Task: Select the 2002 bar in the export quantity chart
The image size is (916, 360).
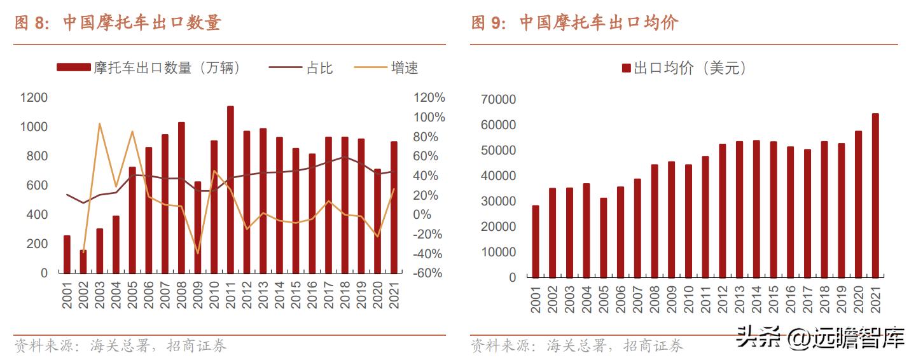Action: pos(83,261)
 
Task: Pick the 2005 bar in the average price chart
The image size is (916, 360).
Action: pos(603,238)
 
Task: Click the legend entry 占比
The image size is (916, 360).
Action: pos(319,68)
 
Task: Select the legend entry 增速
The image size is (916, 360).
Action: pos(404,68)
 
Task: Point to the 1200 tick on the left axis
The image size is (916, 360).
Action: pos(34,98)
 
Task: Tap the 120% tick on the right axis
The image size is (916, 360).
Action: pos(429,98)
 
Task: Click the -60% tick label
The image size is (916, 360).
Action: pos(429,273)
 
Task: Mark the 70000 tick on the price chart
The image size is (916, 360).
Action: pos(499,100)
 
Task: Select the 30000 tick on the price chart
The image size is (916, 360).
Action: pos(499,202)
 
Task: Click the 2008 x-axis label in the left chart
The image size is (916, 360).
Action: pos(182,296)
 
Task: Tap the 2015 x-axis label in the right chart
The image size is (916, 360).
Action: pos(773,300)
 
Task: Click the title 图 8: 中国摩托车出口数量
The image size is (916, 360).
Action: pos(118,24)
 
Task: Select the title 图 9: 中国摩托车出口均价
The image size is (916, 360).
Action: pos(574,24)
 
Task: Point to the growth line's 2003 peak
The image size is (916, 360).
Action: pos(100,123)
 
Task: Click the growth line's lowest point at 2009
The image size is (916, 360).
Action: pos(198,253)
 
